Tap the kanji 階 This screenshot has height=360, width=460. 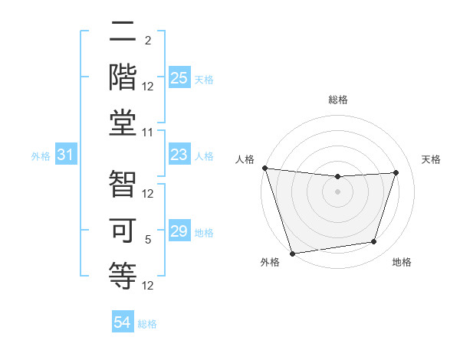[123, 77]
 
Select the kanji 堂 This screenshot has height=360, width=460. [123, 120]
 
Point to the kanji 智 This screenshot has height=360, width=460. [123, 185]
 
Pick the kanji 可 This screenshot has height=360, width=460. [123, 229]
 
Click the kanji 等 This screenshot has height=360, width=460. [123, 273]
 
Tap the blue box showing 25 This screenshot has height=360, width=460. [179, 78]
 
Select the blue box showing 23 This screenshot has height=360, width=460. [179, 155]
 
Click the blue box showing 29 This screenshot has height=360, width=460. [179, 231]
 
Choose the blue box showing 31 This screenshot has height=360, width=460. [66, 155]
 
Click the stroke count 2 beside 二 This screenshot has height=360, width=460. [148, 40]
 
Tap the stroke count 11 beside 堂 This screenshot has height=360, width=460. [148, 132]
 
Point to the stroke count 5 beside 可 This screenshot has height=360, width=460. [148, 240]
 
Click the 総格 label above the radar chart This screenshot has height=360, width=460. [337, 100]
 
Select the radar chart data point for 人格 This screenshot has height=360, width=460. [264, 168]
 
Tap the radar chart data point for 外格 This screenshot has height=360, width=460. [292, 253]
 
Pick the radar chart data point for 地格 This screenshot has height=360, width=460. [374, 242]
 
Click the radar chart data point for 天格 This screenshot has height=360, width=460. [396, 172]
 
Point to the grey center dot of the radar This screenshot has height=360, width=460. [337, 191]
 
